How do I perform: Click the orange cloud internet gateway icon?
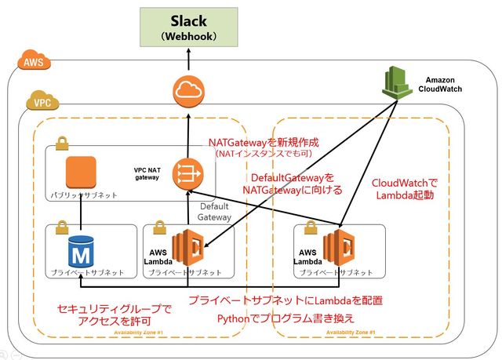[187, 93]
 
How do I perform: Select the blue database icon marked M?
[81, 252]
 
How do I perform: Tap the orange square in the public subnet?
[80, 173]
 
